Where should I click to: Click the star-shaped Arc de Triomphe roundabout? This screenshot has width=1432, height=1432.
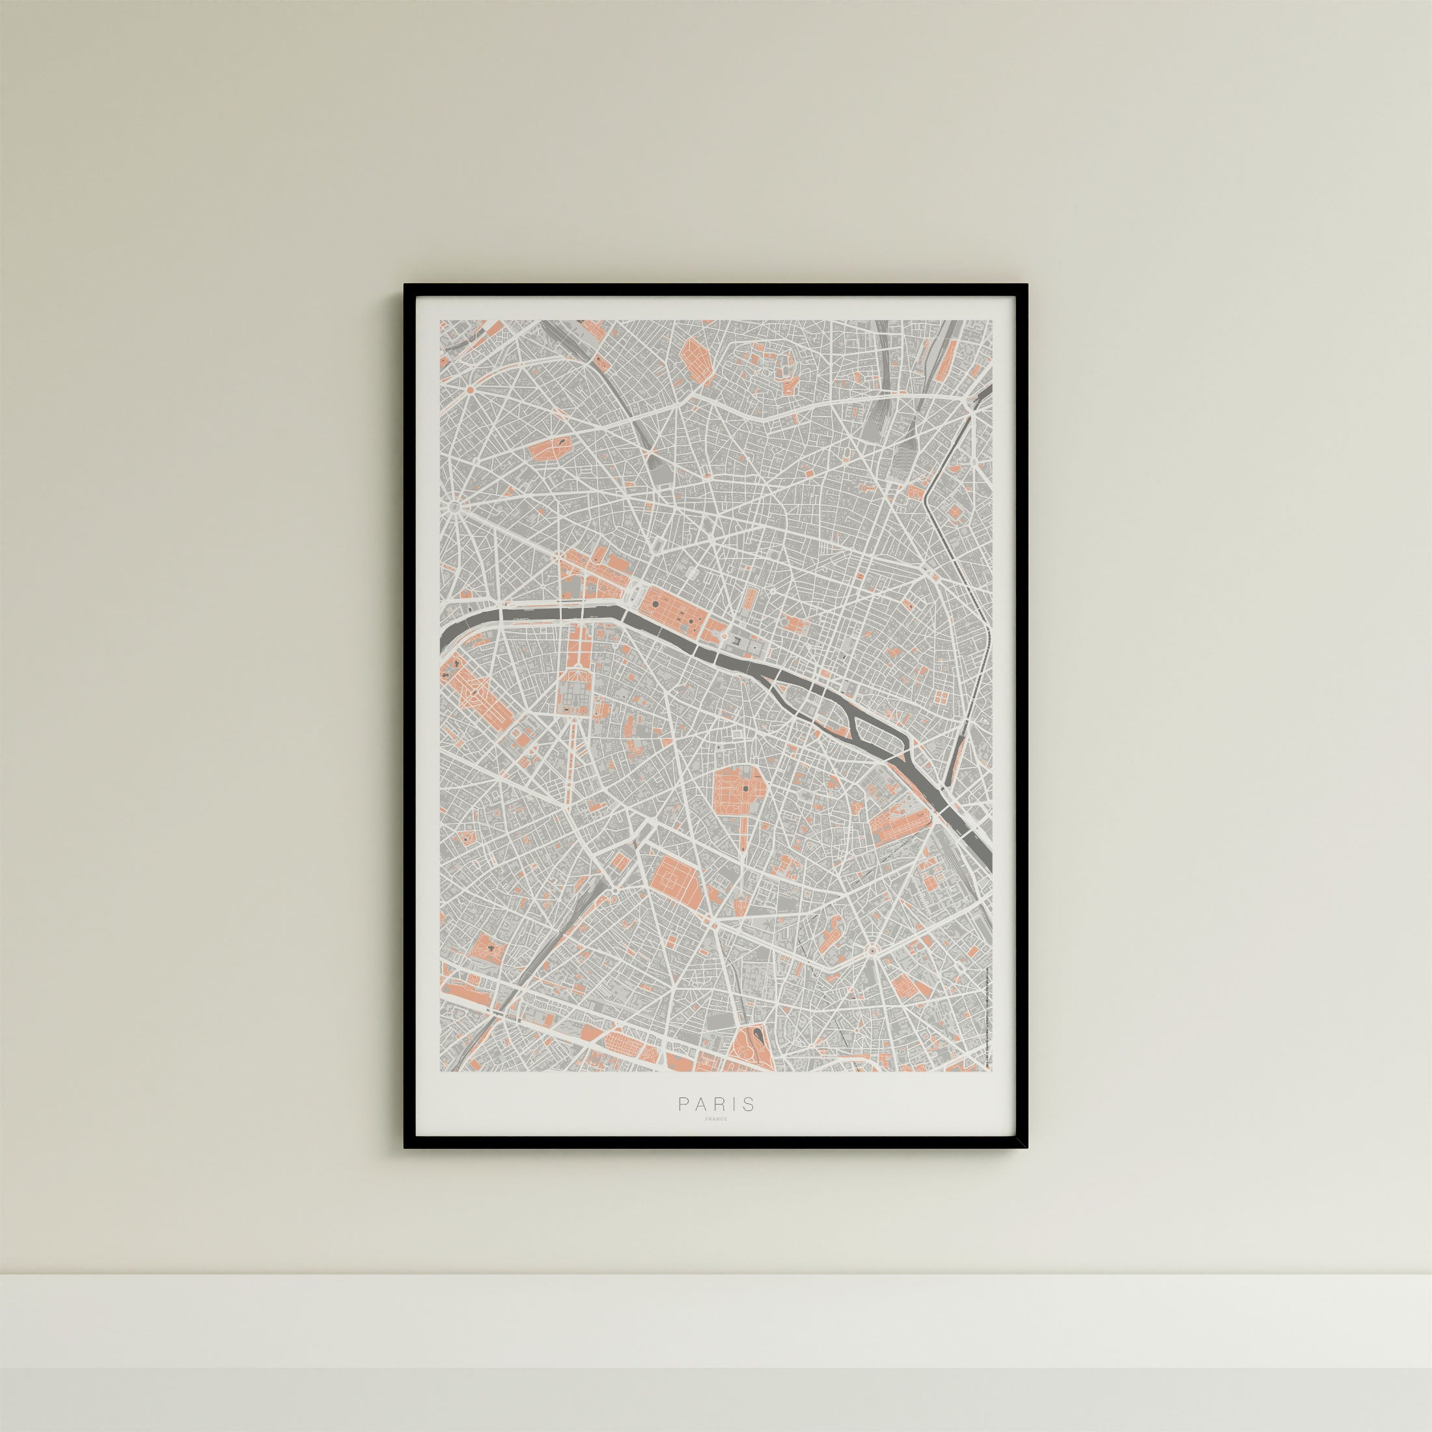pyautogui.click(x=454, y=507)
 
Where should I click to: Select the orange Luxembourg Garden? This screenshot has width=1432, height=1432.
pyautogui.click(x=739, y=792)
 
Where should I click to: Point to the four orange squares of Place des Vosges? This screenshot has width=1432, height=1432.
pyautogui.click(x=941, y=696)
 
